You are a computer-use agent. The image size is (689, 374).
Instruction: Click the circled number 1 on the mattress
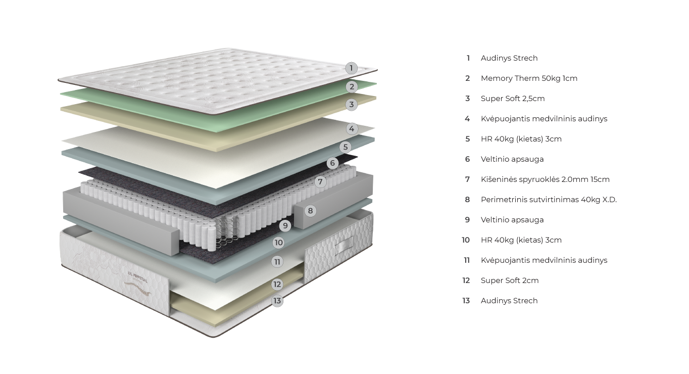(352, 68)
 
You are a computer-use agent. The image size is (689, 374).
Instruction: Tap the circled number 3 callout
(352, 105)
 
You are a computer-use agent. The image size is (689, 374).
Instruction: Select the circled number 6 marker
(332, 163)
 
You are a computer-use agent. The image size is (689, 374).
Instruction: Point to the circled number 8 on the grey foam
(310, 211)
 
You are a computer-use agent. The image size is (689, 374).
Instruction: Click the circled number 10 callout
(278, 243)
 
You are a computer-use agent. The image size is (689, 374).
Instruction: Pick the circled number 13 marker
(277, 301)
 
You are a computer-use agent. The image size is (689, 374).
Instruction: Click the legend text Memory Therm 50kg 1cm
(529, 78)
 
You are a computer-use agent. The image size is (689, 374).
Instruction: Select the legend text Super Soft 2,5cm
(512, 99)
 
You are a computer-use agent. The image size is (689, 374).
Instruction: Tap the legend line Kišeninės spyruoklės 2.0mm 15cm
(545, 179)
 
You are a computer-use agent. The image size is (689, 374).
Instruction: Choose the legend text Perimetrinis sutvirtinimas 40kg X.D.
(549, 200)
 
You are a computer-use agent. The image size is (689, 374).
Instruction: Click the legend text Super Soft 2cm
(509, 280)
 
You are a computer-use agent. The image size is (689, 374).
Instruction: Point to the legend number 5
(467, 139)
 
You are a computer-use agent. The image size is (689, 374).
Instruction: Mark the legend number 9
(467, 220)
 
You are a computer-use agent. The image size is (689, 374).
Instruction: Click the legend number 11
(467, 260)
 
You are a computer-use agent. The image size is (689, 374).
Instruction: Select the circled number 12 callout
(277, 284)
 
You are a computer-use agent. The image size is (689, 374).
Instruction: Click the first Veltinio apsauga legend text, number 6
(512, 159)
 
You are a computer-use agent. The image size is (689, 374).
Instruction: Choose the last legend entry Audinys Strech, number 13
(509, 301)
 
